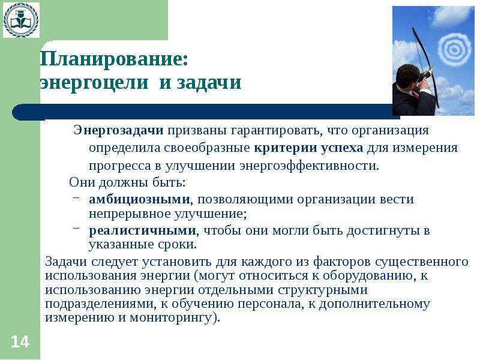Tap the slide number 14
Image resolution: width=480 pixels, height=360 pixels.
(19, 342)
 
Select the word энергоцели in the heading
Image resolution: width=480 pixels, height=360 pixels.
(96, 82)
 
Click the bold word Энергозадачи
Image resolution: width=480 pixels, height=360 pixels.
(119, 130)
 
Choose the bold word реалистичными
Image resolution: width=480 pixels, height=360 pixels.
(143, 230)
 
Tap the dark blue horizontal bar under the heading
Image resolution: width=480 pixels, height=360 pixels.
(204, 112)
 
